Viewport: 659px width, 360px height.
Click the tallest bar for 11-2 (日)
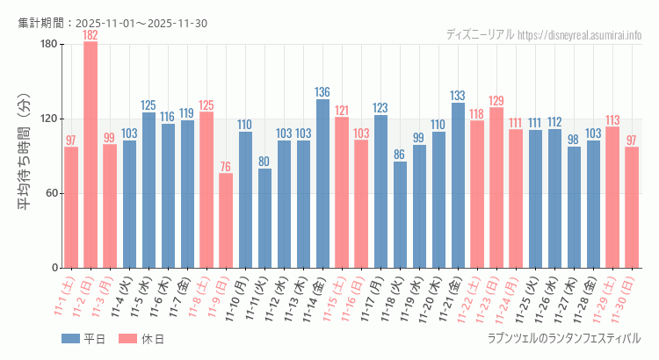click(91, 155)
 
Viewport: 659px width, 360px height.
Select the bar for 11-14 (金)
click(322, 184)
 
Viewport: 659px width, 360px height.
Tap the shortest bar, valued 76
click(226, 220)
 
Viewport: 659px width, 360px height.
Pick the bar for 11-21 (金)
click(458, 185)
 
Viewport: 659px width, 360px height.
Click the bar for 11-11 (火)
click(264, 218)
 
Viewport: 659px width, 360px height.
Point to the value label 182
click(91, 35)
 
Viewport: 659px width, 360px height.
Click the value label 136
click(322, 92)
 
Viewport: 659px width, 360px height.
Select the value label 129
click(496, 101)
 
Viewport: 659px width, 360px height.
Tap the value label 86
click(400, 155)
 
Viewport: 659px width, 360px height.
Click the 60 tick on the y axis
click(50, 193)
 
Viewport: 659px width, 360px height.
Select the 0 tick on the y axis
click(54, 268)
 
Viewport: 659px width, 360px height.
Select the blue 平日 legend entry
click(83, 339)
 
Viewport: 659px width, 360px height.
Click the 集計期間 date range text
click(112, 23)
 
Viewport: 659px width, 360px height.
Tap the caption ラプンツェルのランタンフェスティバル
click(563, 338)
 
